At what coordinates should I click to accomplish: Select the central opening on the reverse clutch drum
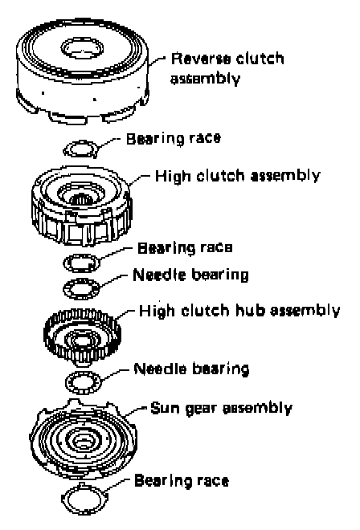(82, 47)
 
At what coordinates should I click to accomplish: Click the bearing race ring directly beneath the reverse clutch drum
(81, 149)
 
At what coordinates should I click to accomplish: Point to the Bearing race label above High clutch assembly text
(174, 138)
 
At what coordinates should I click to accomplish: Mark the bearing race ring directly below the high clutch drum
(81, 263)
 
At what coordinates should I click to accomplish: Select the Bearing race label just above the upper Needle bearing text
(185, 247)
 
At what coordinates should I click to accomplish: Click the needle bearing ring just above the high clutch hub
(81, 288)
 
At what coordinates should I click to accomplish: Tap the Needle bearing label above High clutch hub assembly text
(190, 274)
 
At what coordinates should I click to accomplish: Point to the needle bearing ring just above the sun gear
(84, 382)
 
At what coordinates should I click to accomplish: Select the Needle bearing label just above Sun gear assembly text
(191, 369)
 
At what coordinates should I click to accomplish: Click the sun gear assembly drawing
(84, 439)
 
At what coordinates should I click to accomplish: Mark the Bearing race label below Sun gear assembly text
(182, 480)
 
